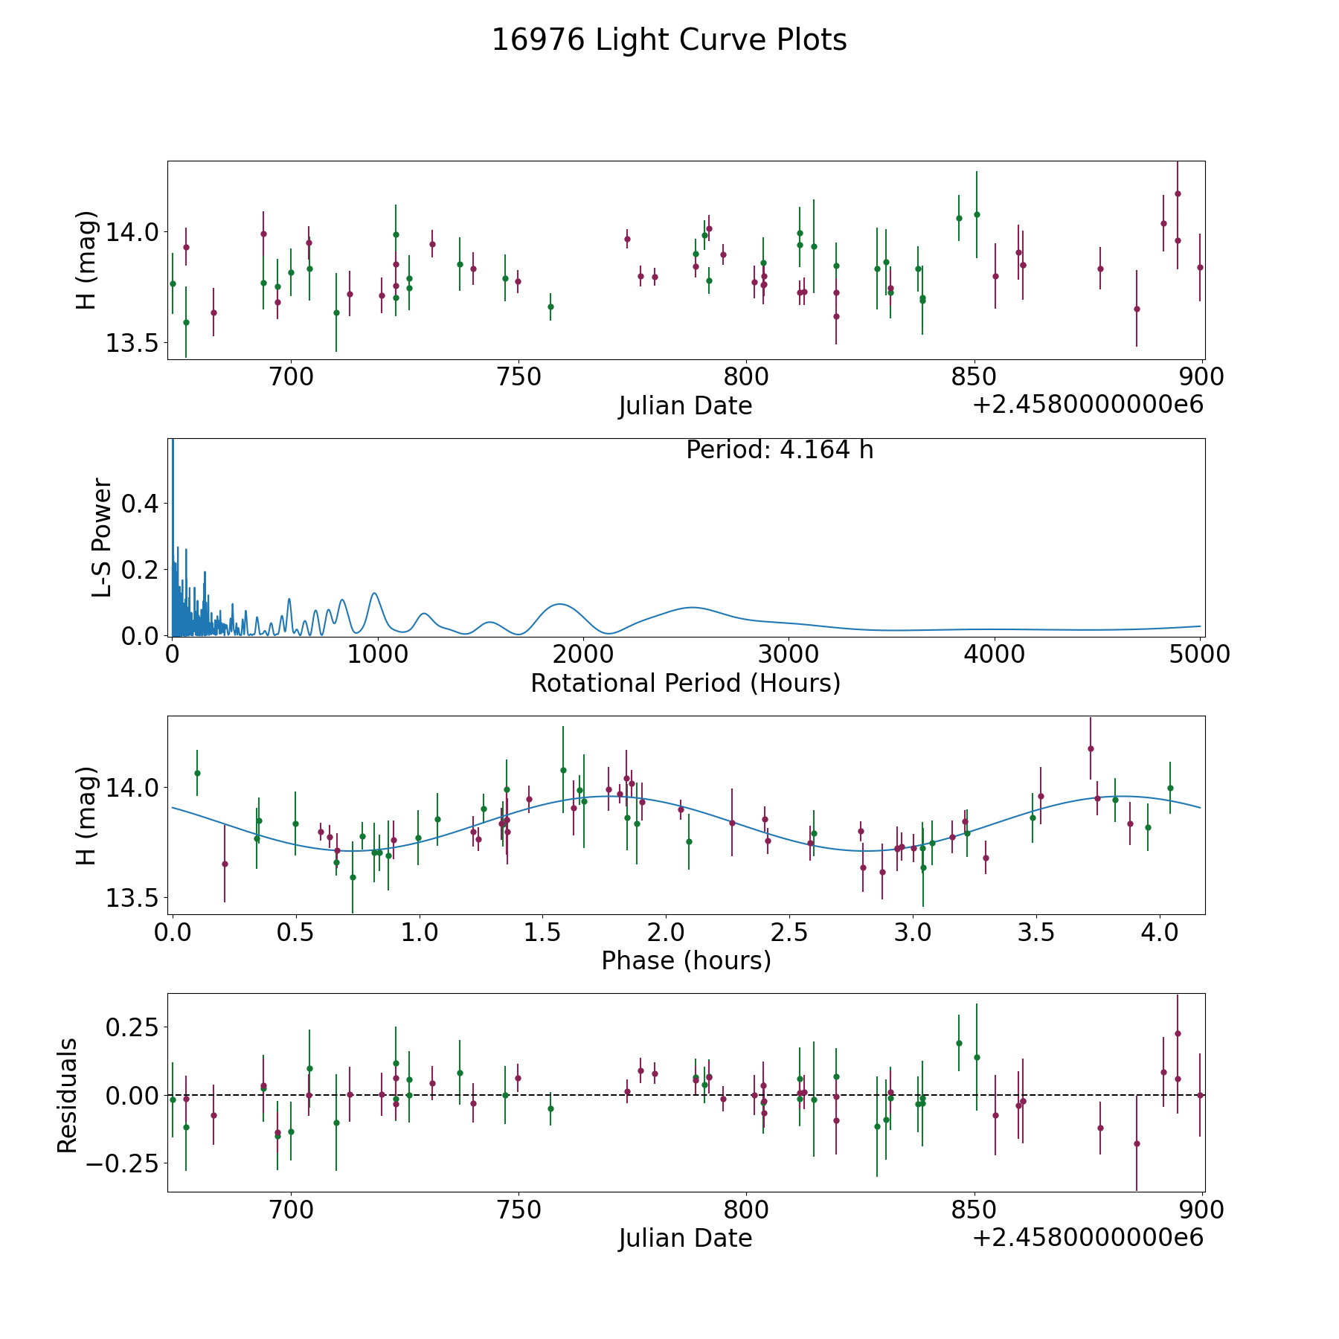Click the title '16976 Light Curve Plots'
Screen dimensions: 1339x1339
pos(669,40)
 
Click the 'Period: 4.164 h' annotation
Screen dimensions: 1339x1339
pos(780,450)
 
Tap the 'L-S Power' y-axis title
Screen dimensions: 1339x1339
pos(103,537)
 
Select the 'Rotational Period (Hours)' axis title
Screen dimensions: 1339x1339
pos(685,683)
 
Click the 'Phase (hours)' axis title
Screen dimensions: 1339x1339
pos(686,960)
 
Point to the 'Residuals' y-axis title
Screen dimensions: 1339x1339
pos(67,1095)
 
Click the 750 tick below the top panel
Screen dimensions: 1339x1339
pos(518,377)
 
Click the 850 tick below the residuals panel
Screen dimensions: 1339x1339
pos(974,1210)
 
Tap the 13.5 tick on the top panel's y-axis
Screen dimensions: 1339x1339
pos(132,343)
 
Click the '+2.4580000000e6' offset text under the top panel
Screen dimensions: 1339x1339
pos(1088,405)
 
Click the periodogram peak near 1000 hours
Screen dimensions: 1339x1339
pos(374,593)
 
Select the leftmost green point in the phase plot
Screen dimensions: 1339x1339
pos(197,773)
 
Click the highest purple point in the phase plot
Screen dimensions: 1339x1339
pos(1091,748)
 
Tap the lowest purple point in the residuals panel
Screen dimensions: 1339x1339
pos(1137,1143)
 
